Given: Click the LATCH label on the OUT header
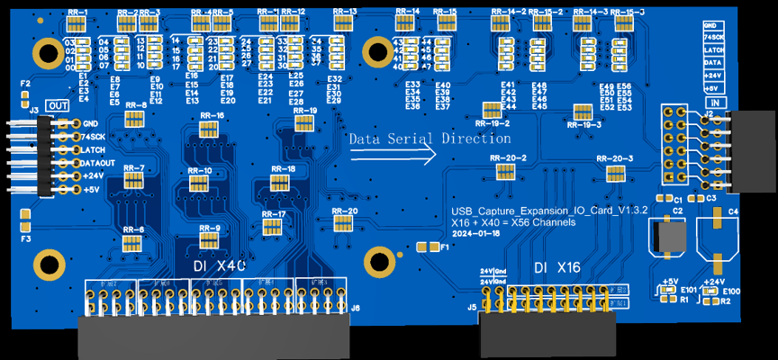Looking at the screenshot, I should (95, 148).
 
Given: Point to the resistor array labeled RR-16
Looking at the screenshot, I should (208, 130).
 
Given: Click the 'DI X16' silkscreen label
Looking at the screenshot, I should (556, 267).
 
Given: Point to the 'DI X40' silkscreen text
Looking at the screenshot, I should (219, 267).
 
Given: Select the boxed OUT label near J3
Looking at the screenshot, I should (57, 105).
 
